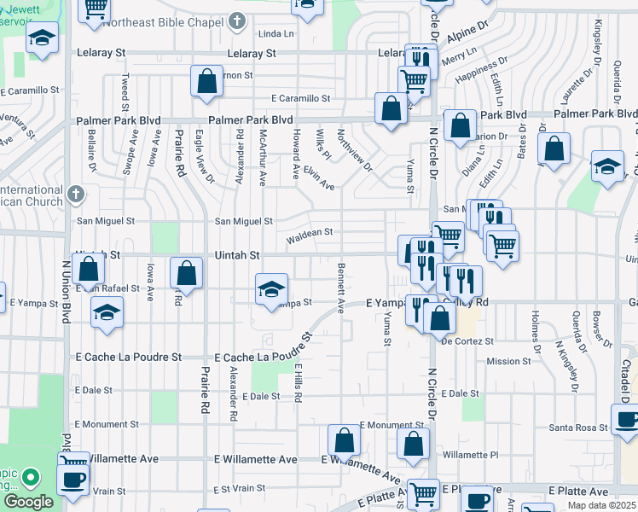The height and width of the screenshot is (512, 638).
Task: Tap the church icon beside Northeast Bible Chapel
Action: pyautogui.click(x=237, y=20)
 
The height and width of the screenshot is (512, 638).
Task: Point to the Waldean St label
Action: pyautogui.click(x=309, y=232)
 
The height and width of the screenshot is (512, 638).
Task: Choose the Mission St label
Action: pyautogui.click(x=508, y=362)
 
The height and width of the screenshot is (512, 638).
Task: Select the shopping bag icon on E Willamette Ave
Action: pyautogui.click(x=345, y=441)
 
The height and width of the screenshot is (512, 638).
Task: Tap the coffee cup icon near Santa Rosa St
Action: pyautogui.click(x=627, y=420)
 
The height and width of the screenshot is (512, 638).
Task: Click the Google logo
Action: pyautogui.click(x=28, y=502)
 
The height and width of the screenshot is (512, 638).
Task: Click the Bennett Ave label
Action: pyautogui.click(x=340, y=288)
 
